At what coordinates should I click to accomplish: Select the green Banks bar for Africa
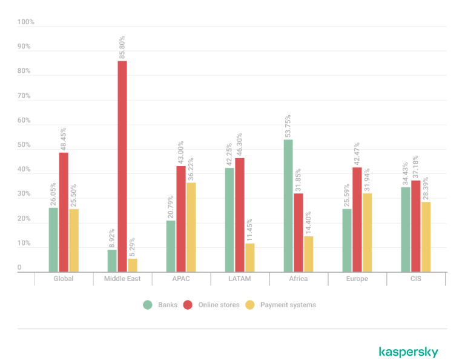(x=288, y=205)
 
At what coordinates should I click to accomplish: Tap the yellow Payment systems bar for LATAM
(x=250, y=257)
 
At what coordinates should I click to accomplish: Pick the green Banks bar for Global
(x=54, y=239)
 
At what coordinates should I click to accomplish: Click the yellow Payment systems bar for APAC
(x=191, y=227)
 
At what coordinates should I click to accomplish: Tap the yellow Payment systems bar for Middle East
(x=133, y=265)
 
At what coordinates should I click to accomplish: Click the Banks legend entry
(x=160, y=305)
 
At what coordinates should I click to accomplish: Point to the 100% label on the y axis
(x=26, y=22)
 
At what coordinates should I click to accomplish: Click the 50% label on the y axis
(x=24, y=145)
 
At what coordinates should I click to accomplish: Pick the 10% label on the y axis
(x=24, y=244)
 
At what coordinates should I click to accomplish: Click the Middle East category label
(x=122, y=279)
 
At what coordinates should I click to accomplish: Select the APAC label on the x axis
(x=180, y=279)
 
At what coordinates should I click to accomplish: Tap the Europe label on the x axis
(x=357, y=279)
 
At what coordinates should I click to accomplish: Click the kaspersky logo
(x=409, y=352)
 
